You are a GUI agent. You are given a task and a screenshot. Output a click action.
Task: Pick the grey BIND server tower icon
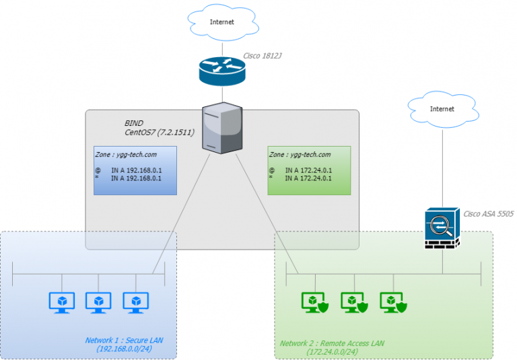tap(222, 127)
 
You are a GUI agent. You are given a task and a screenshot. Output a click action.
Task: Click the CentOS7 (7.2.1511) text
tap(160, 133)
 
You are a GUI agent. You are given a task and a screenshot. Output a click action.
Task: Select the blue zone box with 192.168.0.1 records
tap(135, 172)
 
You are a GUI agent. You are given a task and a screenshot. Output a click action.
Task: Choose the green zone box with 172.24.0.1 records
tap(309, 172)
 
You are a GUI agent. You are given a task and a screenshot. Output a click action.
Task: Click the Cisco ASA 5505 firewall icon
tap(442, 229)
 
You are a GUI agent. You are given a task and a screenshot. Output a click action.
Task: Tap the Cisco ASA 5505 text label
tap(488, 213)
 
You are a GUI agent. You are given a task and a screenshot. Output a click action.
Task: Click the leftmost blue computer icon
tap(62, 302)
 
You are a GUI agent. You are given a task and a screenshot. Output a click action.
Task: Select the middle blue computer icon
tap(98, 302)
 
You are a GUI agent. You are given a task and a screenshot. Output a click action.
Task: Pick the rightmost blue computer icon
tap(135, 302)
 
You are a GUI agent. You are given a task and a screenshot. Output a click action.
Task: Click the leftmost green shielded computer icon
tap(315, 302)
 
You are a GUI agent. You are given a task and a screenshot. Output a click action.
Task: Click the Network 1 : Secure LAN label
tap(124, 340)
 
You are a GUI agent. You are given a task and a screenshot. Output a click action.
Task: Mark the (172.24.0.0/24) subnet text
tap(332, 352)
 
